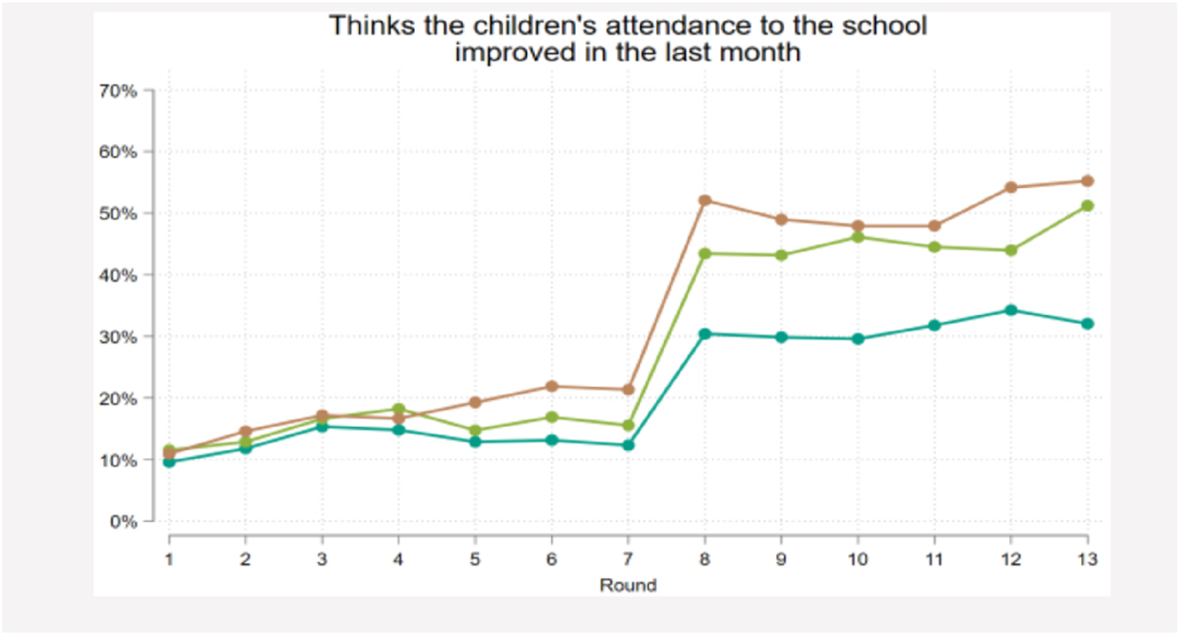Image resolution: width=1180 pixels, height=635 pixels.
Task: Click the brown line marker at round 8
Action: pos(705,201)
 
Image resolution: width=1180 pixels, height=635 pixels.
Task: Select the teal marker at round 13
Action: pos(1087,323)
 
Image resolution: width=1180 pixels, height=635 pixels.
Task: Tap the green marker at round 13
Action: pos(1087,206)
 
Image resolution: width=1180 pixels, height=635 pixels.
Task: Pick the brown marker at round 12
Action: pos(1010,187)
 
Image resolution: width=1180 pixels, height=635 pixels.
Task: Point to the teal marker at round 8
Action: pos(705,334)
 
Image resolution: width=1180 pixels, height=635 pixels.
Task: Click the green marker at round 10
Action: pos(857,237)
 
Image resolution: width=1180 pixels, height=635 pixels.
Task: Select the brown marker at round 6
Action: pos(552,386)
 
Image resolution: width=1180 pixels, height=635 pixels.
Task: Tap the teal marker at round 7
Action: pos(628,445)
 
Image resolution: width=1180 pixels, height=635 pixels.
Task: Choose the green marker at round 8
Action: pos(705,254)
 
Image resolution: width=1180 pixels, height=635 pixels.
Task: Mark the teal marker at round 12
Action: pos(1010,310)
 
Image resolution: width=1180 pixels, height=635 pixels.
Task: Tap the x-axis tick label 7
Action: pos(628,560)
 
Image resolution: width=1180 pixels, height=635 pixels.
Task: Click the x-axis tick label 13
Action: pos(1087,560)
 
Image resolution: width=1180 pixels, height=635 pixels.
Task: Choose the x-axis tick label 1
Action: pos(169,560)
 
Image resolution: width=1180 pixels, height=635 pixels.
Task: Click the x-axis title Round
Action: pos(627,585)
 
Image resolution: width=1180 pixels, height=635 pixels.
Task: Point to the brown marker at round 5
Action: pos(475,402)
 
